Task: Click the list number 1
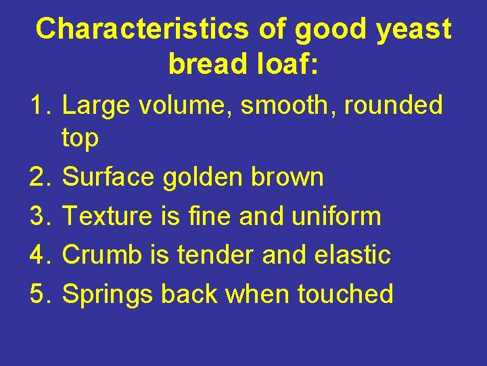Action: pyautogui.click(x=40, y=106)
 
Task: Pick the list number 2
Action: pyautogui.click(x=40, y=178)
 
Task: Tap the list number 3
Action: pyautogui.click(x=40, y=217)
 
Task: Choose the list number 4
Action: pyautogui.click(x=40, y=256)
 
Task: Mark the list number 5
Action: pyautogui.click(x=40, y=295)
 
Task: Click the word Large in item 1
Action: pyautogui.click(x=93, y=106)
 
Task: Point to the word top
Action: pyautogui.click(x=80, y=139)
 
